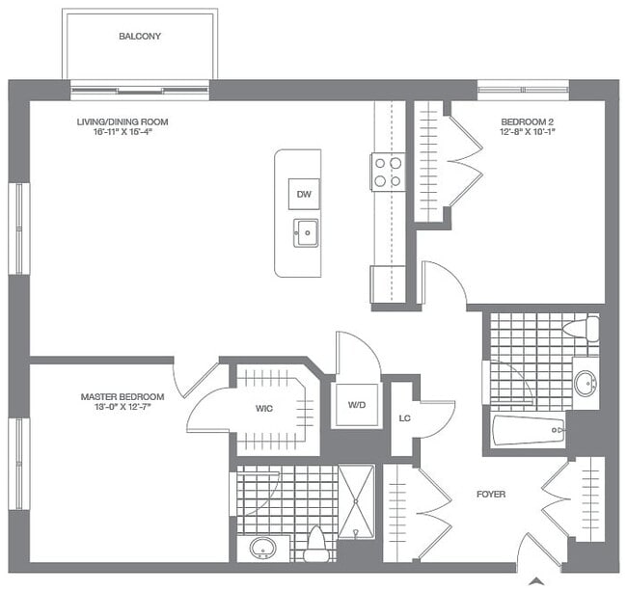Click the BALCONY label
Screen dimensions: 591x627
[x=140, y=37]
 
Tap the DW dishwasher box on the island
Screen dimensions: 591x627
[x=304, y=195]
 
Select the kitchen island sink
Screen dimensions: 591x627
[x=306, y=232]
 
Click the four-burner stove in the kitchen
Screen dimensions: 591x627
[x=388, y=173]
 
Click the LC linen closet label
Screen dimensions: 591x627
[x=406, y=418]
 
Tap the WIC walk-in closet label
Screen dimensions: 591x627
[x=264, y=409]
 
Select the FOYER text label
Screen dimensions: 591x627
[x=491, y=495]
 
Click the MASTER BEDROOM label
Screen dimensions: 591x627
[x=122, y=397]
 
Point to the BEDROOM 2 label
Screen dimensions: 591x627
[x=527, y=122]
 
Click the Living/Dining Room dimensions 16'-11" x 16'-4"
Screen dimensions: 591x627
[x=116, y=133]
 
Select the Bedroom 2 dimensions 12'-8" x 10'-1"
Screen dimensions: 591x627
[x=527, y=133]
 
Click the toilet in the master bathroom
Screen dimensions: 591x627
[x=315, y=546]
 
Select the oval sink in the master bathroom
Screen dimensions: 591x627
[x=262, y=548]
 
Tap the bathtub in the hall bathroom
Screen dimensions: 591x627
[x=529, y=430]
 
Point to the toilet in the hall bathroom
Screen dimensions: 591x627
[x=580, y=330]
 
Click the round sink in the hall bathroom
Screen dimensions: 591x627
[x=585, y=383]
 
